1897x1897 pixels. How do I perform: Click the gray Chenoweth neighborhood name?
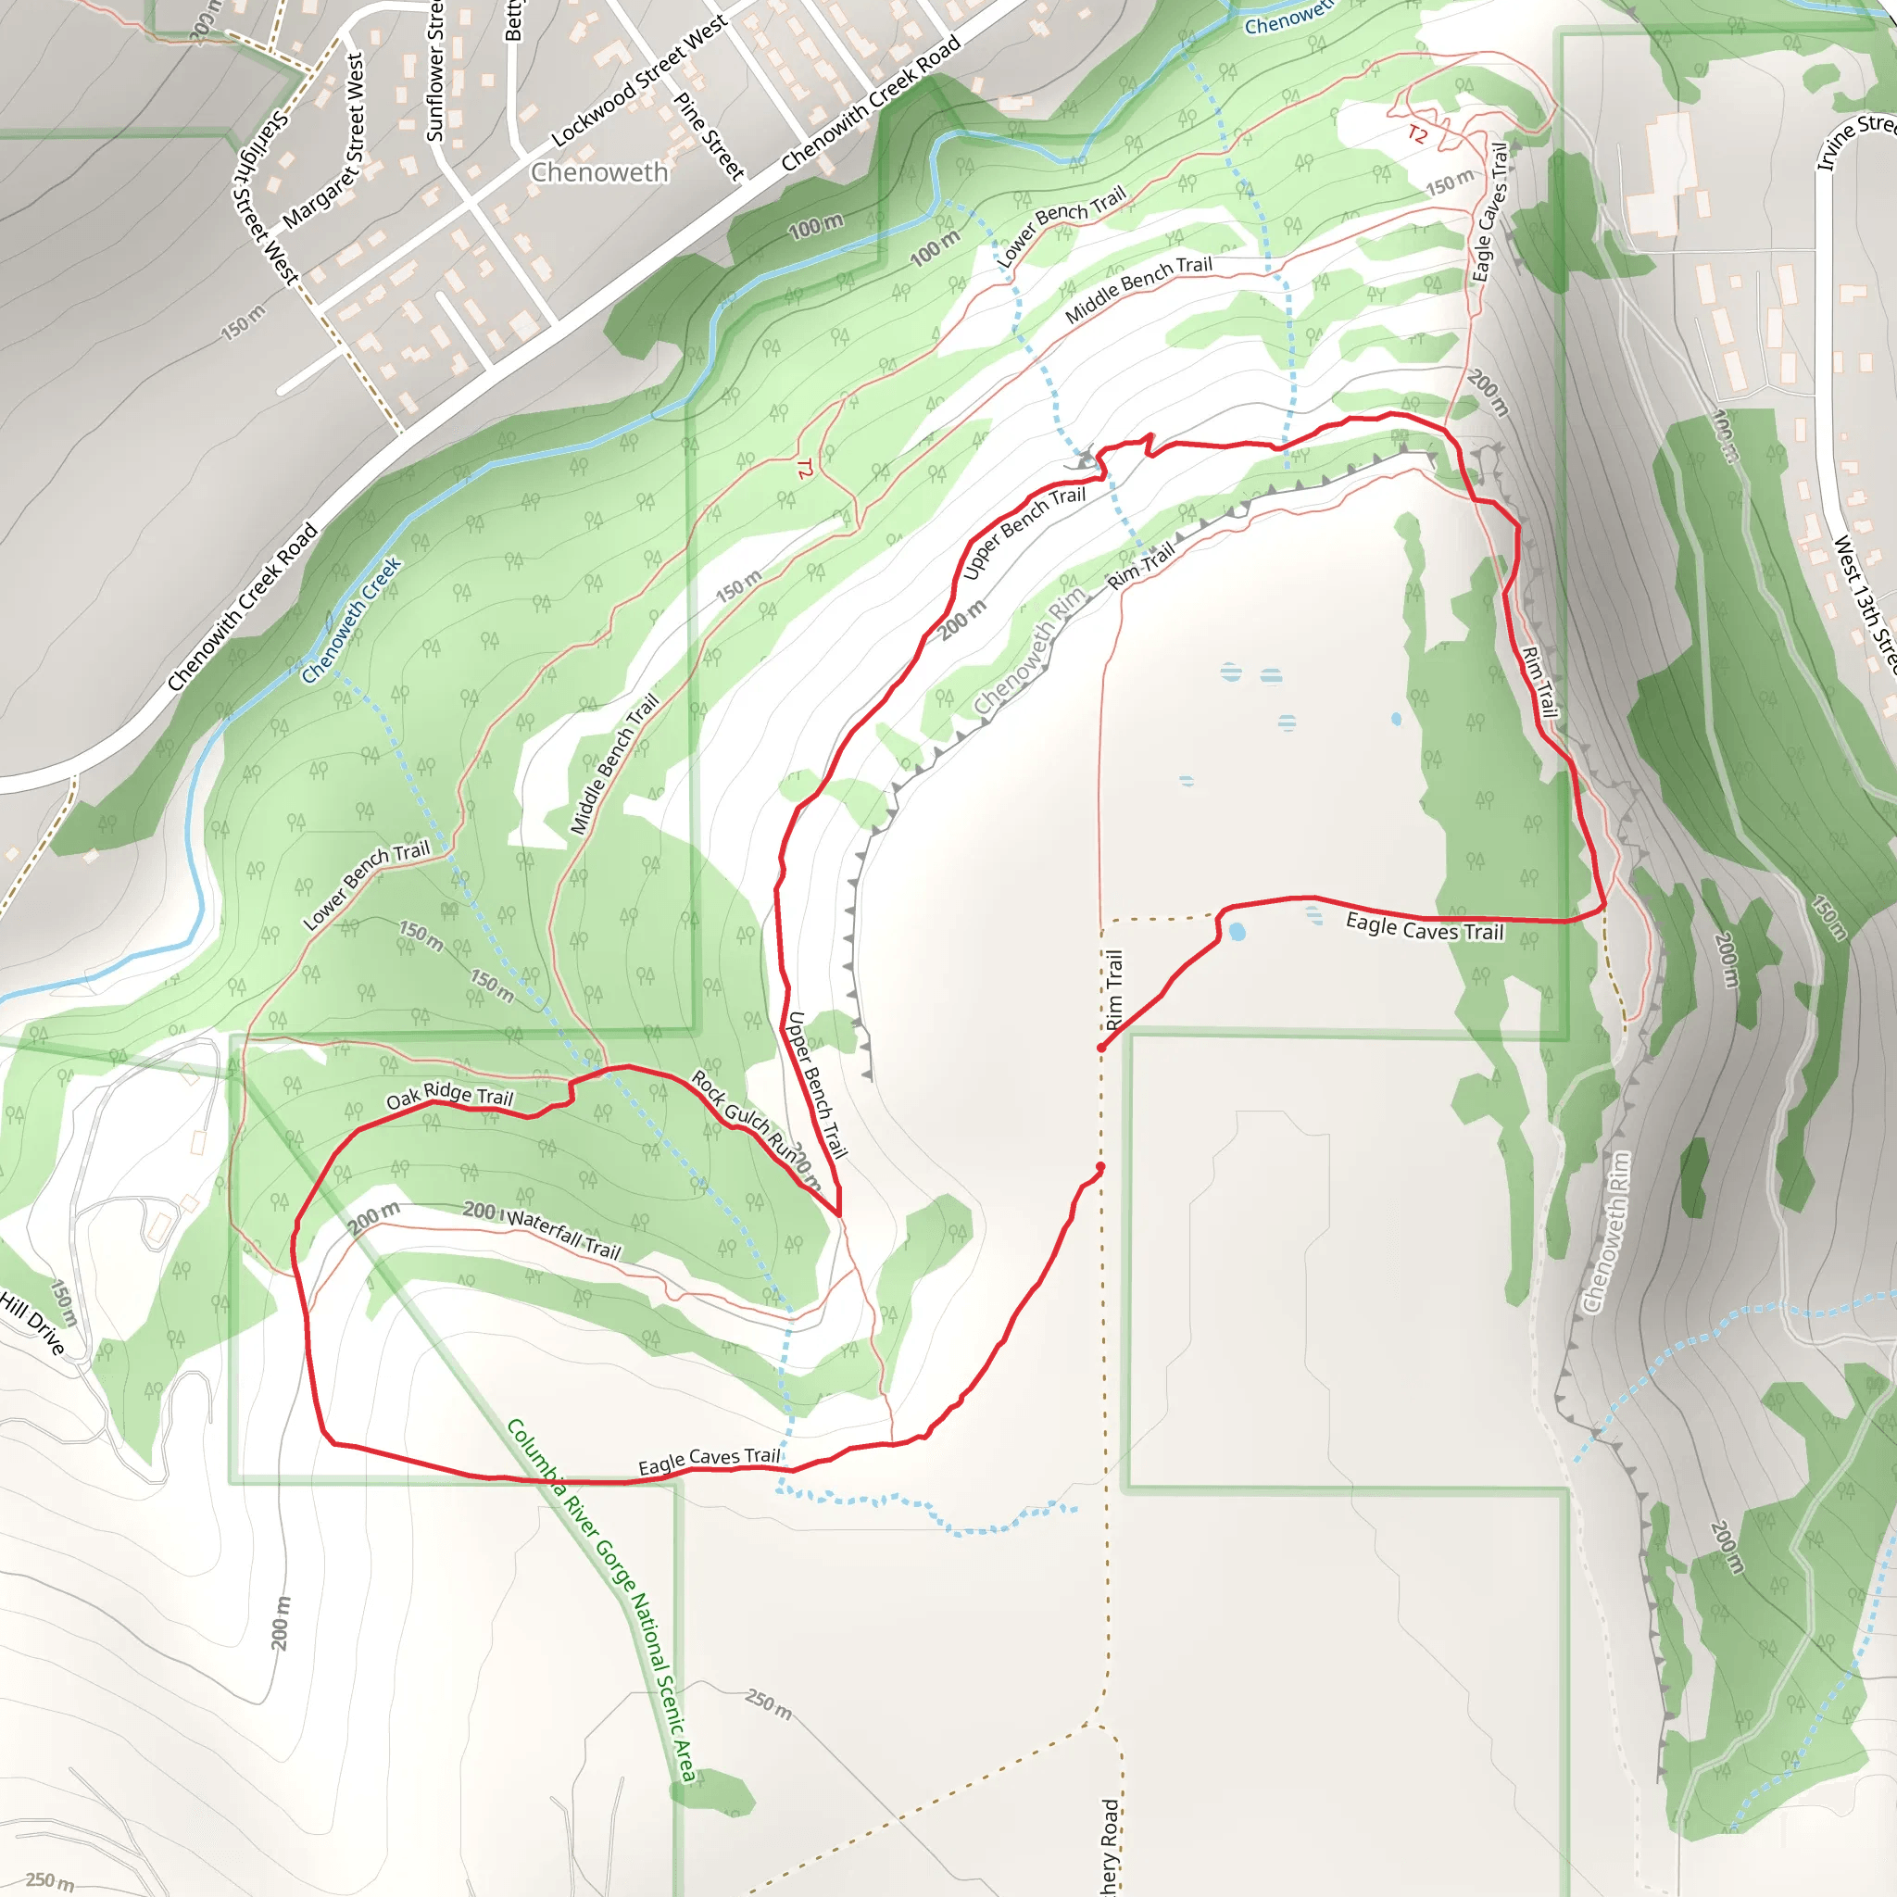(x=599, y=173)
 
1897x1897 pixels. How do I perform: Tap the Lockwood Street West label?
(x=639, y=82)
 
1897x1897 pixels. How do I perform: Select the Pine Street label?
(x=708, y=135)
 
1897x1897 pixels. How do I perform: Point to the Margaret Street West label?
(x=324, y=142)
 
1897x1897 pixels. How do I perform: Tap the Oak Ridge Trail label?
(x=449, y=1096)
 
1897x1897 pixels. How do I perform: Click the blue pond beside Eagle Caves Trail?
(x=1237, y=932)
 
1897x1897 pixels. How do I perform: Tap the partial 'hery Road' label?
(x=1111, y=1845)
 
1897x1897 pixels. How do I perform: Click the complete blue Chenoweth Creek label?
(x=351, y=621)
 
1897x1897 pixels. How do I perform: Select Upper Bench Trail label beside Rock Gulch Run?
(x=816, y=1085)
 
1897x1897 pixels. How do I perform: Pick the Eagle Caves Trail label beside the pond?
(x=1424, y=926)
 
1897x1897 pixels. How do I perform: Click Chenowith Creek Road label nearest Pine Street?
(x=871, y=103)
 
